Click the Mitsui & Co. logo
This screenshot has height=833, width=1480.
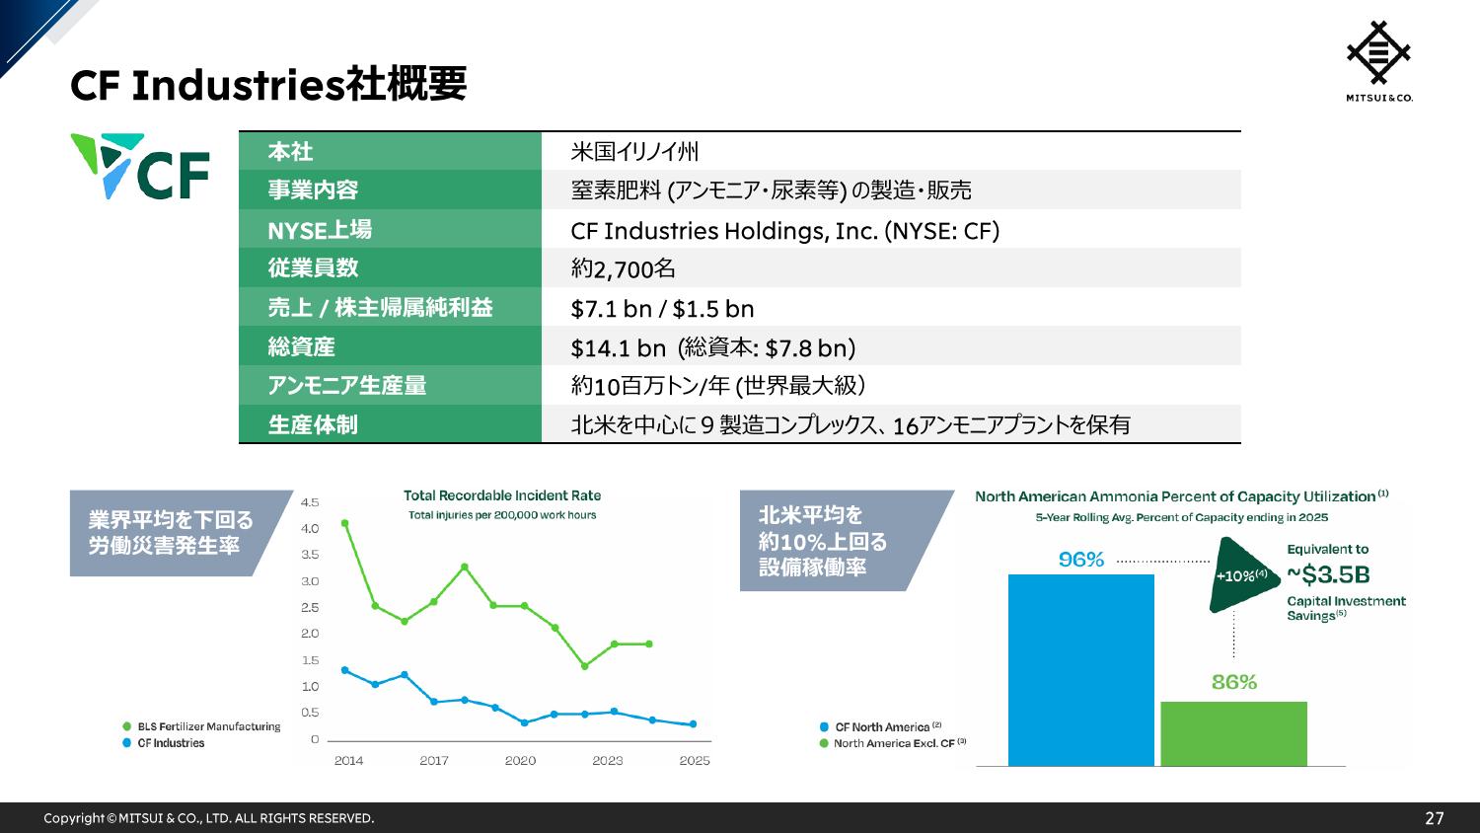tap(1379, 61)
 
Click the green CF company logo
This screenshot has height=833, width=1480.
tap(140, 166)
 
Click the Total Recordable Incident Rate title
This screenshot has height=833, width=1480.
tap(502, 495)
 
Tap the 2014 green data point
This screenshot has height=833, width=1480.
tap(344, 523)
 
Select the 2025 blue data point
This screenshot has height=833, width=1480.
tap(693, 723)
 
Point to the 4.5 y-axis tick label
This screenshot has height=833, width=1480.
tap(310, 502)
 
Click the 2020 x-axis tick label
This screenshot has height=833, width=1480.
tap(520, 760)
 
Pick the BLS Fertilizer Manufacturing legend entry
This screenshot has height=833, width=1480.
tap(201, 726)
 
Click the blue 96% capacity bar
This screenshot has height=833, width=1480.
tap(1081, 670)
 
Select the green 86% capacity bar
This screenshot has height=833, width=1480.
tap(1233, 734)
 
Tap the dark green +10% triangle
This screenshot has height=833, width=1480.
tap(1239, 575)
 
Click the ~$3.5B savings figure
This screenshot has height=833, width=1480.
tap(1328, 574)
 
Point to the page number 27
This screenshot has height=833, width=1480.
tap(1435, 818)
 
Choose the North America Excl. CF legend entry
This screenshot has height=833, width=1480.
tap(893, 743)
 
